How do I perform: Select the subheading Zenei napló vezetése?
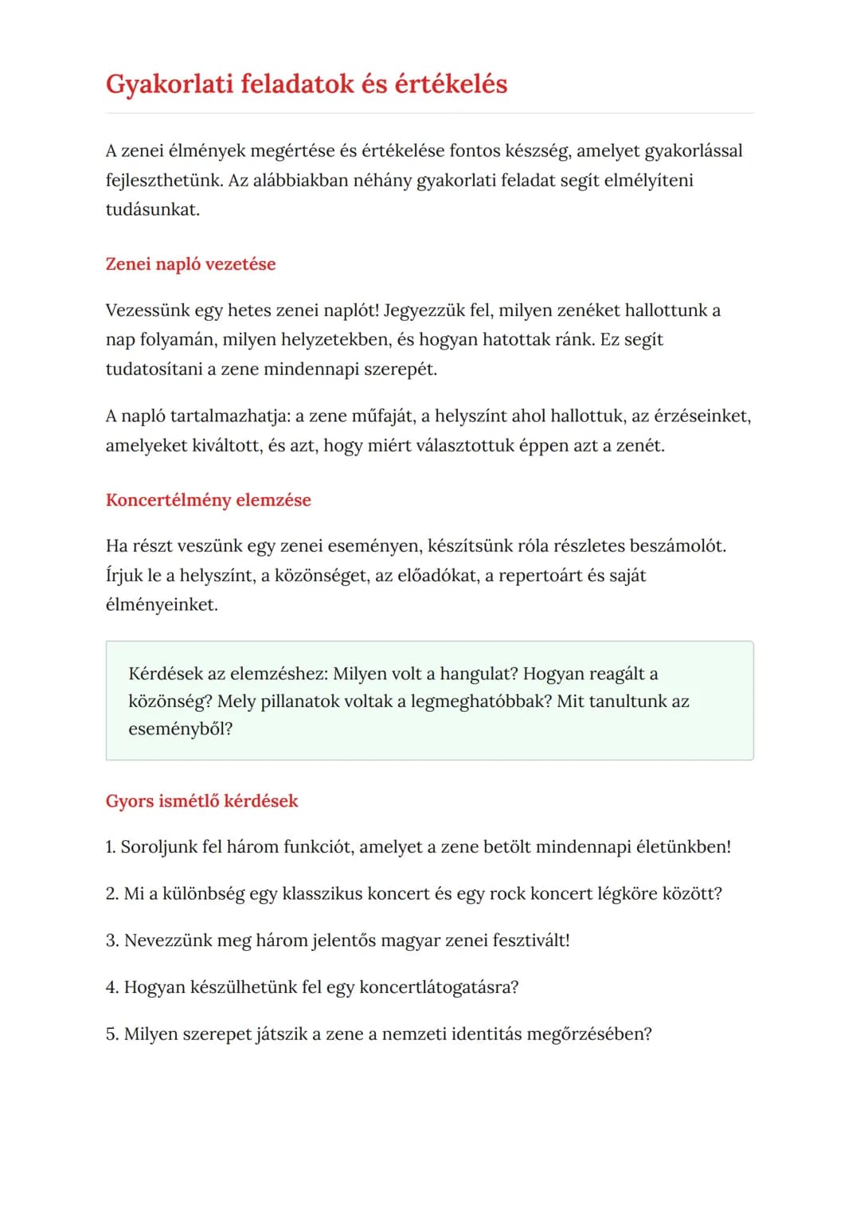point(190,264)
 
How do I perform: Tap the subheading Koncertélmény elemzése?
point(208,499)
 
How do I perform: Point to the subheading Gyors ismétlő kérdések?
point(201,800)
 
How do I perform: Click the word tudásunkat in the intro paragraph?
point(151,209)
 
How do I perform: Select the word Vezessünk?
point(147,310)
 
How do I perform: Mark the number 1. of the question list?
point(111,847)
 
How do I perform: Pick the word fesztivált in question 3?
point(531,940)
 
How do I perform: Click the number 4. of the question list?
point(112,987)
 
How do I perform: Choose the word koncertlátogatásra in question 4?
point(439,987)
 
